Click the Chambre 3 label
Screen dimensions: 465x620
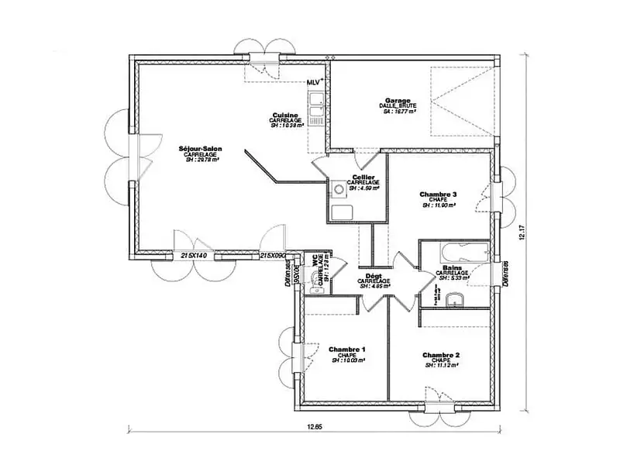(x=438, y=194)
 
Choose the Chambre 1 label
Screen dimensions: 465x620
(x=347, y=349)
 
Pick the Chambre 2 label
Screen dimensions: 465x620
(x=441, y=355)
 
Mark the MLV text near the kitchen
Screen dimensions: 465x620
(x=314, y=81)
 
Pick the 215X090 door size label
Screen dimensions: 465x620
(x=273, y=255)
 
